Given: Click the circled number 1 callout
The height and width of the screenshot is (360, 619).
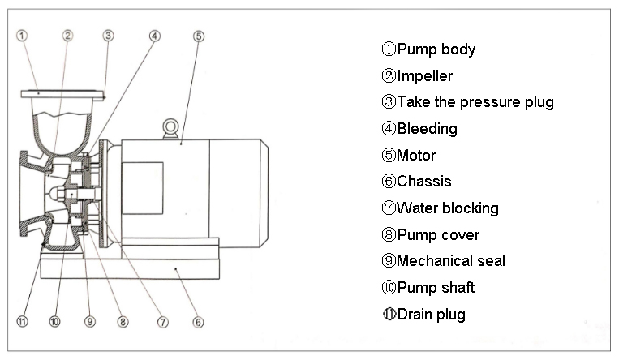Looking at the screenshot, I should click(x=22, y=35).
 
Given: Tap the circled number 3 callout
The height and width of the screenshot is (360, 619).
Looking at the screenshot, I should click(x=108, y=35).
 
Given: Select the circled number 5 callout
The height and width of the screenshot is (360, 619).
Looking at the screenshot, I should click(x=199, y=35).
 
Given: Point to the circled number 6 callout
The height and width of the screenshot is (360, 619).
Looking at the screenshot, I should click(x=198, y=322).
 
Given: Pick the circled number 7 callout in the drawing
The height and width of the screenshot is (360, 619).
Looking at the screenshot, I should click(x=163, y=322).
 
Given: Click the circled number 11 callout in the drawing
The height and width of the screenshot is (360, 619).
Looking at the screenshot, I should click(x=22, y=322).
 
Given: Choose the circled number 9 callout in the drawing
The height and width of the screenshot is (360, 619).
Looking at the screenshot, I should click(x=88, y=322).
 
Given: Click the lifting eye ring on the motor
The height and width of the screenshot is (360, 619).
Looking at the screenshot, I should click(x=170, y=126).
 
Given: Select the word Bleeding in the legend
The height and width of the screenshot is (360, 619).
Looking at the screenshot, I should click(x=427, y=129).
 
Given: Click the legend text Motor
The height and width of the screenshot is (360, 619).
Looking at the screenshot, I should click(x=416, y=156).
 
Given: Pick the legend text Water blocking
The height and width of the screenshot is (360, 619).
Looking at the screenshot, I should click(x=447, y=208).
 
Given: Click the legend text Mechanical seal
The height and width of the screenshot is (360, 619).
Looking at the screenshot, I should click(x=450, y=261).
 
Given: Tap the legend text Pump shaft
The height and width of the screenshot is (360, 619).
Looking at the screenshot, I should click(x=436, y=288).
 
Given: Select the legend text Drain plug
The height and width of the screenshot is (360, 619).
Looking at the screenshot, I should click(x=431, y=315).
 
